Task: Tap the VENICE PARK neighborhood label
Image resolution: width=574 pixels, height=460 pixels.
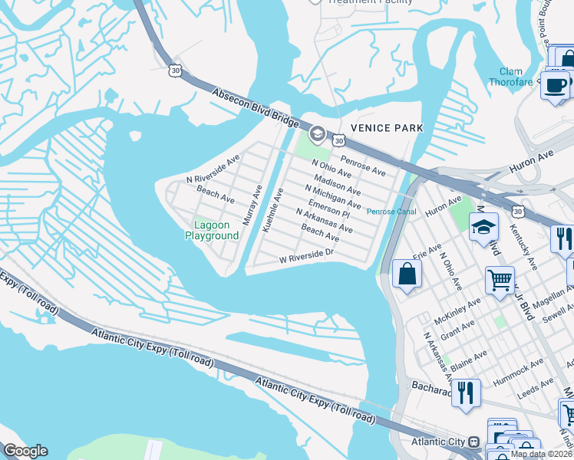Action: [x=387, y=127]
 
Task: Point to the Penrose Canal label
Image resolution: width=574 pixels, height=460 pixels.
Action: [x=391, y=212]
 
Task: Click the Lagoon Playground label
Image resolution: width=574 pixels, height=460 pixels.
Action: [x=212, y=230]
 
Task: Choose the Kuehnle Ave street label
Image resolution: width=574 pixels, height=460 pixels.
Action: [x=272, y=210]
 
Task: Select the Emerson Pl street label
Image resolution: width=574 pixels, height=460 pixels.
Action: [x=329, y=209]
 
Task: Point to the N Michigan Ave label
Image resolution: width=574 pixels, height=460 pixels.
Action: [x=332, y=197]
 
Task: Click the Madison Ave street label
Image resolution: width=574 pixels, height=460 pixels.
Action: [x=337, y=184]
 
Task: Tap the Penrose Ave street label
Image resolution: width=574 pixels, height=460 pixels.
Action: [x=363, y=164]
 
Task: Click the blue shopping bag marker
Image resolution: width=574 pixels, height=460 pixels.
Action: [x=406, y=274]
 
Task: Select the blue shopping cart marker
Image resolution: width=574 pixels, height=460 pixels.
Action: [x=500, y=280]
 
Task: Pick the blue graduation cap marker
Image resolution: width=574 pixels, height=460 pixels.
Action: [x=483, y=227]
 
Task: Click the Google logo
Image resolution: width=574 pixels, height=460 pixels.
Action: [x=25, y=451]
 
